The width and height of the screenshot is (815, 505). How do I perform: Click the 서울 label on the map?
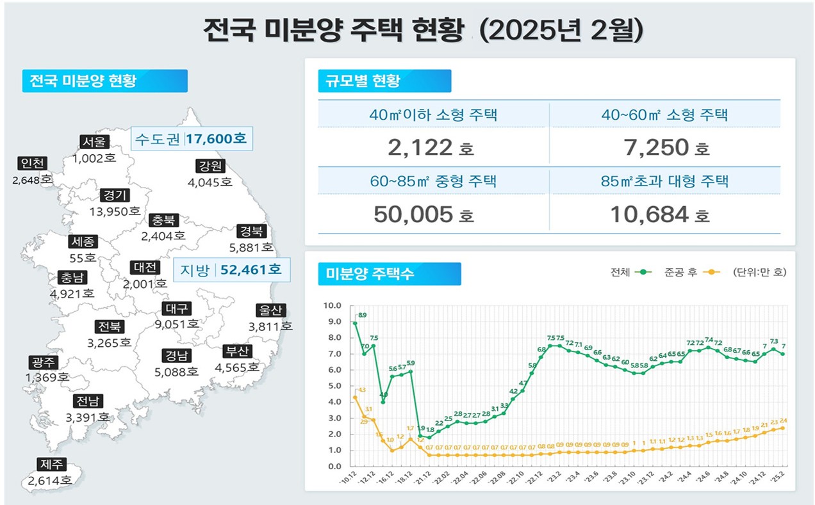(94, 142)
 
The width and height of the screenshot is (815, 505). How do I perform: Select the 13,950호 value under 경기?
(115, 211)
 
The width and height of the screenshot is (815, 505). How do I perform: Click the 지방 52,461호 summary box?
(232, 269)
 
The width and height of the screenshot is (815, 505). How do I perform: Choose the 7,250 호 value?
(666, 148)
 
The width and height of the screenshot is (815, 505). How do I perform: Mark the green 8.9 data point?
(355, 323)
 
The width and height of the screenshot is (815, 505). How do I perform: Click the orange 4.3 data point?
(355, 397)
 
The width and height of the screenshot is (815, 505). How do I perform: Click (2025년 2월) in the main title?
(561, 31)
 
